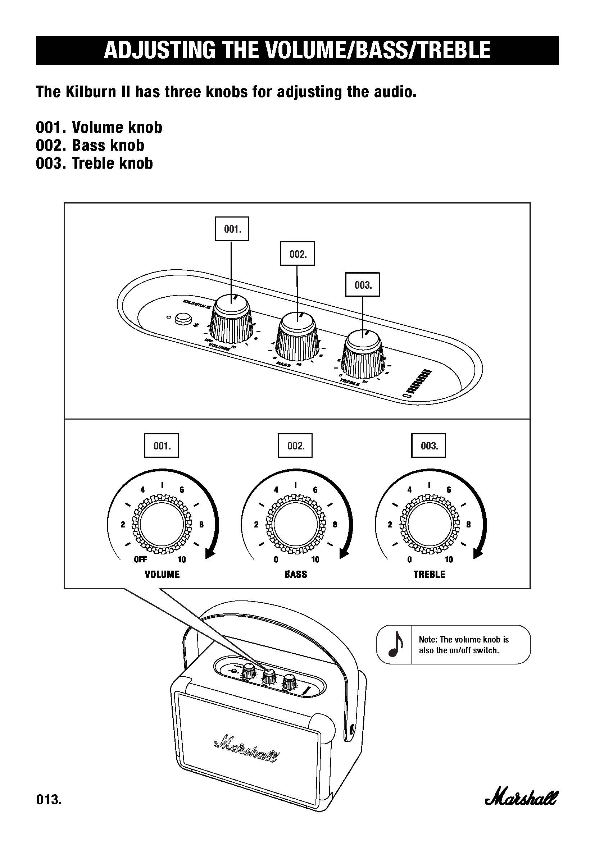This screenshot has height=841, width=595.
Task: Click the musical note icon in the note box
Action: (x=395, y=644)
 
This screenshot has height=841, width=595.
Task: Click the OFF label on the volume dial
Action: (x=140, y=559)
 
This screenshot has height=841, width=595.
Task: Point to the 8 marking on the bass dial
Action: (x=335, y=525)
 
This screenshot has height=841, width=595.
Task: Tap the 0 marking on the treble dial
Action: (x=409, y=559)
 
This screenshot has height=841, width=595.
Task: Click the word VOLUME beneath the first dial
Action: (x=162, y=574)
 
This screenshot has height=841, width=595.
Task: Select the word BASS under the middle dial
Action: (x=296, y=574)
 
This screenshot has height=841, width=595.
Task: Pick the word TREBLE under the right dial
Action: (x=429, y=574)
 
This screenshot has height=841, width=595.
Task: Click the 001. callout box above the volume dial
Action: (x=162, y=446)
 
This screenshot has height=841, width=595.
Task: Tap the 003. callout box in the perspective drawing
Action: (x=363, y=285)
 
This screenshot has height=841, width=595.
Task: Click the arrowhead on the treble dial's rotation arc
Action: (x=478, y=553)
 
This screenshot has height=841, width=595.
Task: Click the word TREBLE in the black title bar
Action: (x=454, y=50)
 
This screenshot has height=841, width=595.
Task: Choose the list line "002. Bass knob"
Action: (x=90, y=145)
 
